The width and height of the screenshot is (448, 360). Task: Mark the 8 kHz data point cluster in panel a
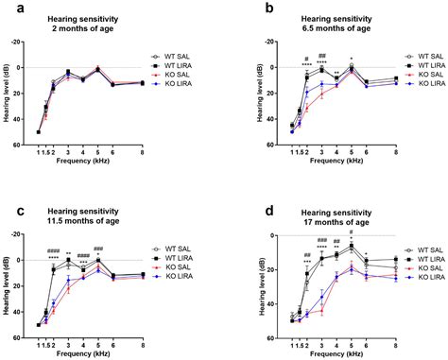tap(143, 83)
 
